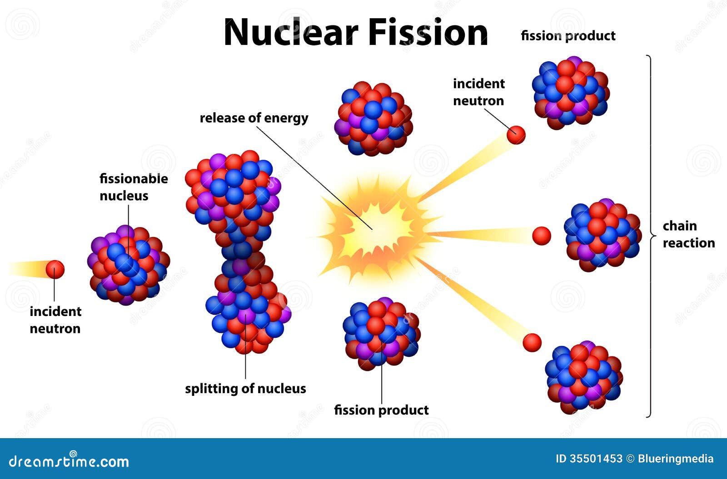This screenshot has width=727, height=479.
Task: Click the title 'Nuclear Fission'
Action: point(356,33)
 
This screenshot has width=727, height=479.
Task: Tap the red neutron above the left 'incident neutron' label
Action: point(55,269)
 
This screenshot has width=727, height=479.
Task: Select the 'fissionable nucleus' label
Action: point(133,187)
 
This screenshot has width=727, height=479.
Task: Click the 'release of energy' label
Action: point(254,118)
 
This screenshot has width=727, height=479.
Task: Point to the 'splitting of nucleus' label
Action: point(245,389)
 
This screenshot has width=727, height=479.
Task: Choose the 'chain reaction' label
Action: point(688,234)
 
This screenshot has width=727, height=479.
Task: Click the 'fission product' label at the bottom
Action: point(381,410)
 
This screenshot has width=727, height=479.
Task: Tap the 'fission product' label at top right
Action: point(568,36)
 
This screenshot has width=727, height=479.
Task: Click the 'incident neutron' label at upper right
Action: point(478,92)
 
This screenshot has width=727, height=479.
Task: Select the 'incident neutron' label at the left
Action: point(55,320)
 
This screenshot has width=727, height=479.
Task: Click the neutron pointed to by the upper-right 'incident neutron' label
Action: point(516,135)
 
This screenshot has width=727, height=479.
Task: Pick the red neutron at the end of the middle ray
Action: point(541,236)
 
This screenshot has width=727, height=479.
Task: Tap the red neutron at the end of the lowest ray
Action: point(532,342)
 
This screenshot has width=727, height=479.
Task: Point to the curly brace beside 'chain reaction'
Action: point(651,236)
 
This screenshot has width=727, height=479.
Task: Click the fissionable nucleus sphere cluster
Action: point(128,265)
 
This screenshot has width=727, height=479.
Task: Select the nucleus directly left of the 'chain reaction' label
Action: point(603,235)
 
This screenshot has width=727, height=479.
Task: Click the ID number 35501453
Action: point(595,459)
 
